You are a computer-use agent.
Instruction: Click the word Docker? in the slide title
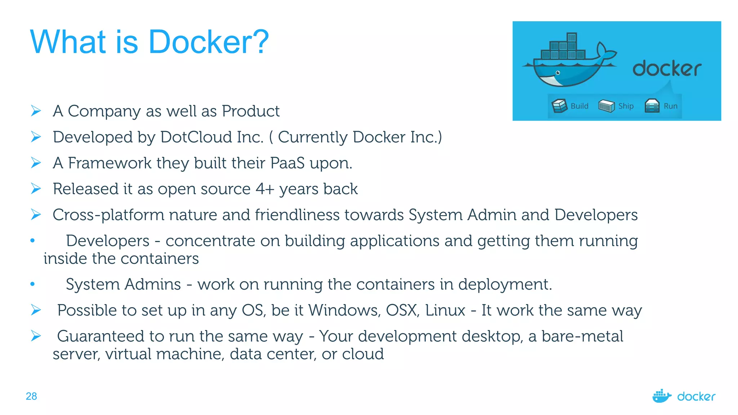[209, 42]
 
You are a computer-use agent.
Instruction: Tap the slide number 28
[31, 396]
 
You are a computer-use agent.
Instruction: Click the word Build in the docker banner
[579, 106]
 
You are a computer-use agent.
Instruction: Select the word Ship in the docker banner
[626, 106]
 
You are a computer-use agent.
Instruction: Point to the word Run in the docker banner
[671, 106]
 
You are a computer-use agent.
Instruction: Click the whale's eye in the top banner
[558, 73]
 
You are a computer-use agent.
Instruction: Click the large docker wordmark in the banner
[667, 68]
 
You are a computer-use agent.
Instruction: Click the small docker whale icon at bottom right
[662, 396]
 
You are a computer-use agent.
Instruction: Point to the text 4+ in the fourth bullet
[265, 189]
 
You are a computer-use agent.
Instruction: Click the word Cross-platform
[108, 215]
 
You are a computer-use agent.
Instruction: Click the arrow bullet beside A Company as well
[36, 111]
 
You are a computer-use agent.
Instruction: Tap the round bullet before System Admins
[32, 284]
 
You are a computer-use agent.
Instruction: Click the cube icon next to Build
[559, 106]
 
